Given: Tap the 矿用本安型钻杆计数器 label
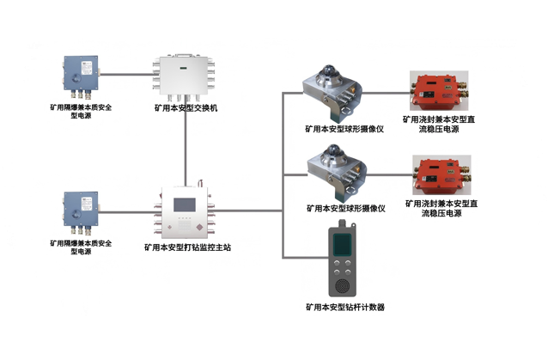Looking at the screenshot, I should [344, 307].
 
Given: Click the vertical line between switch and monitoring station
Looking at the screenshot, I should [184, 146].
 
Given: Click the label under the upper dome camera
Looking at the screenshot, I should [344, 129].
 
